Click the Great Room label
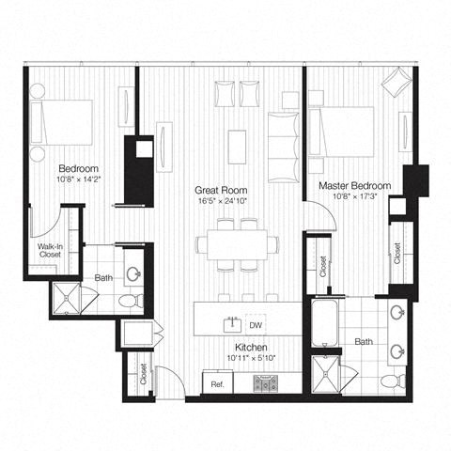click(x=215, y=188)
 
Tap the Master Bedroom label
click(x=352, y=186)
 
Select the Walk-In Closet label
click(x=50, y=250)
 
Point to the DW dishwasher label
click(x=254, y=325)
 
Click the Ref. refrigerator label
click(x=216, y=384)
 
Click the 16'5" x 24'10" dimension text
click(x=215, y=200)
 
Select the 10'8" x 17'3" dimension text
click(x=352, y=198)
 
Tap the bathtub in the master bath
click(x=325, y=330)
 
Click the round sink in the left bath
click(x=135, y=274)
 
